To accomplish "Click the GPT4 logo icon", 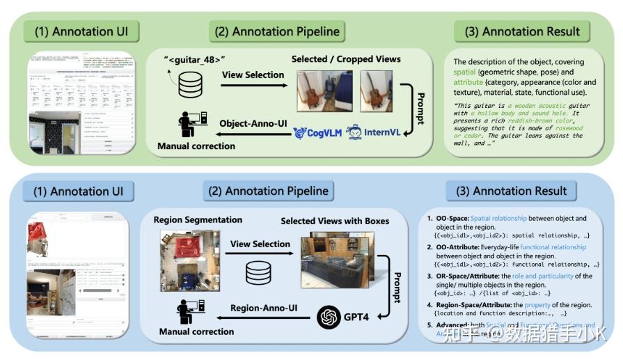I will [x=329, y=318].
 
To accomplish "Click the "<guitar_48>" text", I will [x=194, y=59].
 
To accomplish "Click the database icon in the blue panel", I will [x=257, y=273].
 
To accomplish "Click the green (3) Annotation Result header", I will [x=521, y=31].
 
